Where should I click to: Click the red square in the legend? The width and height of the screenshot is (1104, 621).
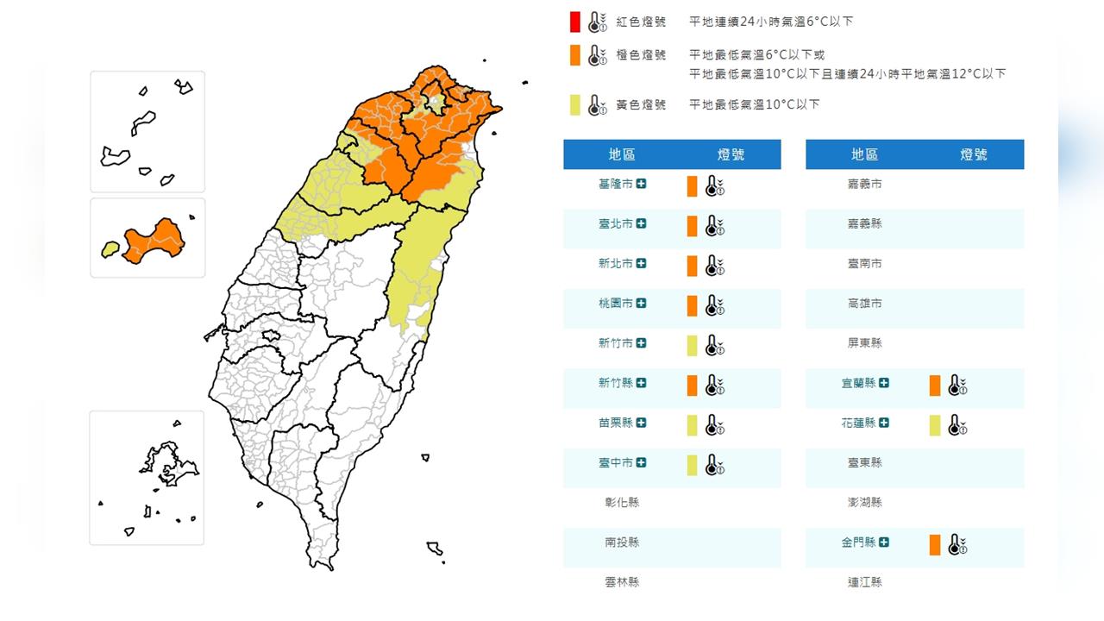click(x=574, y=22)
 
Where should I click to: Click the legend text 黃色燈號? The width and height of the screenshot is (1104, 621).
click(x=640, y=104)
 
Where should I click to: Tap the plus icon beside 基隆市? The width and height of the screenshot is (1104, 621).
click(x=642, y=184)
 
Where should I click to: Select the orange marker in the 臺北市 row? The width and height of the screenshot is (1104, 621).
click(x=692, y=226)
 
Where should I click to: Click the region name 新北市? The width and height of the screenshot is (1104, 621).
click(x=616, y=264)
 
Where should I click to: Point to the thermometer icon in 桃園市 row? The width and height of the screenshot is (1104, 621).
click(x=714, y=305)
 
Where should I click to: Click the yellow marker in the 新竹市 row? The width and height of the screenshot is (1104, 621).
click(x=692, y=345)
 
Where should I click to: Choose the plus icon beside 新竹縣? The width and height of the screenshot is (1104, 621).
click(x=642, y=383)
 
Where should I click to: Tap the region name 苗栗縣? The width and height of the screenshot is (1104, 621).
click(x=616, y=423)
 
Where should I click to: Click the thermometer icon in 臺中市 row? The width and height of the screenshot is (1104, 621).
click(x=714, y=465)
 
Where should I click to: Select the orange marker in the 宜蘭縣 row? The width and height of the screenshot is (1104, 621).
click(x=935, y=386)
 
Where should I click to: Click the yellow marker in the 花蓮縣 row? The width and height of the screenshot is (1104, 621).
click(x=935, y=425)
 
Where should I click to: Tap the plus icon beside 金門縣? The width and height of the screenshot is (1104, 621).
click(x=884, y=543)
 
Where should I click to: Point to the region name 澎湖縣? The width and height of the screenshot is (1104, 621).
click(x=865, y=503)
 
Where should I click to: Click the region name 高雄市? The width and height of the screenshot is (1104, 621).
click(x=865, y=304)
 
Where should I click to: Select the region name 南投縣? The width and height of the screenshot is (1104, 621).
click(x=622, y=543)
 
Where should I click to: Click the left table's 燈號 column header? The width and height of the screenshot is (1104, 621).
click(x=731, y=154)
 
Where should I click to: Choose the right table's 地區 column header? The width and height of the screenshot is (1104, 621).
click(x=864, y=154)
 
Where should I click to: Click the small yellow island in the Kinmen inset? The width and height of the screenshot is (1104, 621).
click(x=110, y=249)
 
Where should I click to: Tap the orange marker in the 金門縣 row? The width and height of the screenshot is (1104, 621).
click(x=935, y=545)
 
